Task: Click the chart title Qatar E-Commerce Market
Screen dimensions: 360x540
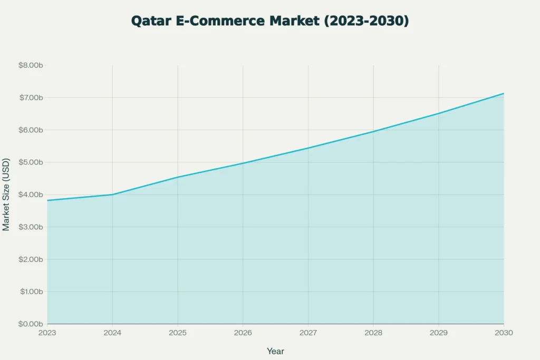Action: pos(269,21)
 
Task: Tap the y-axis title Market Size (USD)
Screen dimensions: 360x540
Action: pos(6,194)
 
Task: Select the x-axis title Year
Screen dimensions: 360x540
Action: pos(275,351)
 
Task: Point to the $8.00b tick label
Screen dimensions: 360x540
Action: pos(30,65)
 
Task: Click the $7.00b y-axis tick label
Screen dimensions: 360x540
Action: pos(30,98)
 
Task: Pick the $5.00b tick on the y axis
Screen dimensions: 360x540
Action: pos(30,162)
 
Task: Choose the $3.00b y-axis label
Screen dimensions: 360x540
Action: pos(30,227)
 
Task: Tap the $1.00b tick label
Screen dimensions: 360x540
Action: pos(30,291)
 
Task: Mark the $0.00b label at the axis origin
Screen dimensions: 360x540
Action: pos(30,324)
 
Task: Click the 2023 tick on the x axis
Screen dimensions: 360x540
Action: pos(47,333)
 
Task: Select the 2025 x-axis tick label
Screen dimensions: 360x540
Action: pos(178,333)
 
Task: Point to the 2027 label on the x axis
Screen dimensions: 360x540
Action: pos(308,333)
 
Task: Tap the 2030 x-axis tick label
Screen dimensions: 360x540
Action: pos(504,333)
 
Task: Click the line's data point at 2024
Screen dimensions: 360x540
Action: pos(112,194)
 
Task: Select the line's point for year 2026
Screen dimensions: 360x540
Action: pos(243,163)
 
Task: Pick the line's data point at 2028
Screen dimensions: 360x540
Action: pos(373,131)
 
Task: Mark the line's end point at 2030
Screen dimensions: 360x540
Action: pos(504,93)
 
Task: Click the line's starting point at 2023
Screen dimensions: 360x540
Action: pos(47,200)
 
